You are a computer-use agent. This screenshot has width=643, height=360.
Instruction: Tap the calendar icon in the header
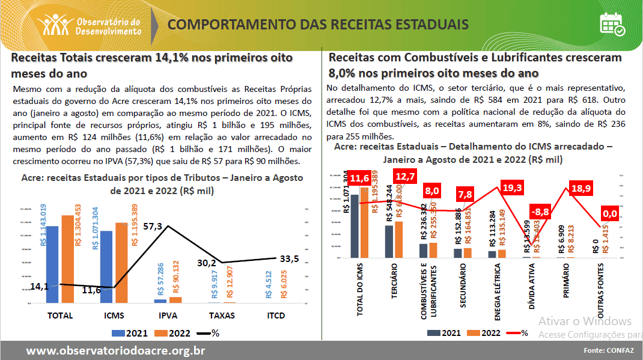click(x=612, y=24)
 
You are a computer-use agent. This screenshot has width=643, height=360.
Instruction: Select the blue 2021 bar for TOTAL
click(x=52, y=264)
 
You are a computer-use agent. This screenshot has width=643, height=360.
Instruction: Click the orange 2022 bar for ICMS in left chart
click(x=121, y=262)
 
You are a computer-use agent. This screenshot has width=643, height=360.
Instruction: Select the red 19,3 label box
click(x=512, y=188)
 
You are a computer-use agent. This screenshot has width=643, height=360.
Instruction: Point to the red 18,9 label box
click(x=580, y=188)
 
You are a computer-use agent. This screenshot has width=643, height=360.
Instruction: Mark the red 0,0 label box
click(x=610, y=213)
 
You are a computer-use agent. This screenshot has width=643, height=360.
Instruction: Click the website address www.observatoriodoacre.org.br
click(x=116, y=351)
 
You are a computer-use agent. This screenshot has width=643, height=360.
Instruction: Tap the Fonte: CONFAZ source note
click(x=608, y=350)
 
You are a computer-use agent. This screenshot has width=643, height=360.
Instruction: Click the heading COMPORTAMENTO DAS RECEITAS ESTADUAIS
click(x=318, y=25)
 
